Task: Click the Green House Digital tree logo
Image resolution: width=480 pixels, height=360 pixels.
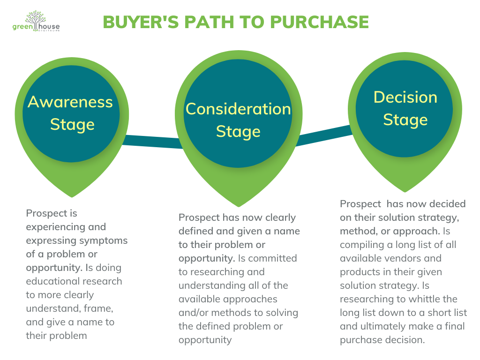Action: click(36, 21)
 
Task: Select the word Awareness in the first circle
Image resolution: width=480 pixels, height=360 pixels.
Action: click(70, 102)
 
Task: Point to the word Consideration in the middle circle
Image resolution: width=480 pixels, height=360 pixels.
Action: click(238, 109)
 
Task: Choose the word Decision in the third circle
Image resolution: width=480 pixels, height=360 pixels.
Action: click(405, 97)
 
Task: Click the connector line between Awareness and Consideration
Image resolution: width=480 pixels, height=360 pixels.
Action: click(152, 141)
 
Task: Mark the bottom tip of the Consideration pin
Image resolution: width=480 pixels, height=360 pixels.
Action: click(239, 205)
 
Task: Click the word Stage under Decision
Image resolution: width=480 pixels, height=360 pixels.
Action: click(405, 120)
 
